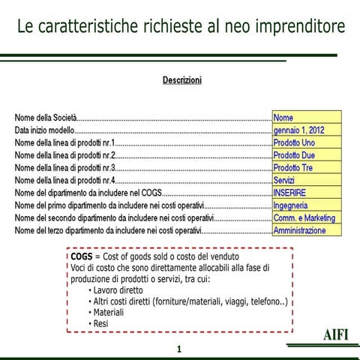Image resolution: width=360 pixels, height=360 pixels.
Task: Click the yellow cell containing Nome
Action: (306, 117)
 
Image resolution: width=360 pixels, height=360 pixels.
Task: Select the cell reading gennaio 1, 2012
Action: (306, 130)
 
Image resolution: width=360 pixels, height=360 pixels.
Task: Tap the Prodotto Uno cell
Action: (306, 142)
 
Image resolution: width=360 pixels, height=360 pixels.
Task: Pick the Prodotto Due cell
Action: (306, 155)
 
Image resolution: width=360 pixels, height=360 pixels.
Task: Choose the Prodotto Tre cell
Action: (306, 167)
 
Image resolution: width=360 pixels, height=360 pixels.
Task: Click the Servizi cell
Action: (306, 180)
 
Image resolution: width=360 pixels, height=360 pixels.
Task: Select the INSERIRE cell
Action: (306, 193)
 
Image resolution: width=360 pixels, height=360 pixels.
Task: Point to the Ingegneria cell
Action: (306, 205)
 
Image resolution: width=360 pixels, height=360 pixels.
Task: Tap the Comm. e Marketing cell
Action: (306, 218)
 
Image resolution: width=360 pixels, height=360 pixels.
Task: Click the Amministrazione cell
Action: (306, 231)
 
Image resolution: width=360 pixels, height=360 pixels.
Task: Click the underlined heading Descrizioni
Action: (181, 80)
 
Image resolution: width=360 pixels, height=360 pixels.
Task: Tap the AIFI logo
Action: (336, 334)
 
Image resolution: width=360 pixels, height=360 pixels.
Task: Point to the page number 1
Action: (178, 349)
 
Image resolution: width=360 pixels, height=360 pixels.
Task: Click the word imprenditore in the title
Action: (297, 27)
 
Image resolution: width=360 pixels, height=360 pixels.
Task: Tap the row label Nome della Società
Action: (46, 118)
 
